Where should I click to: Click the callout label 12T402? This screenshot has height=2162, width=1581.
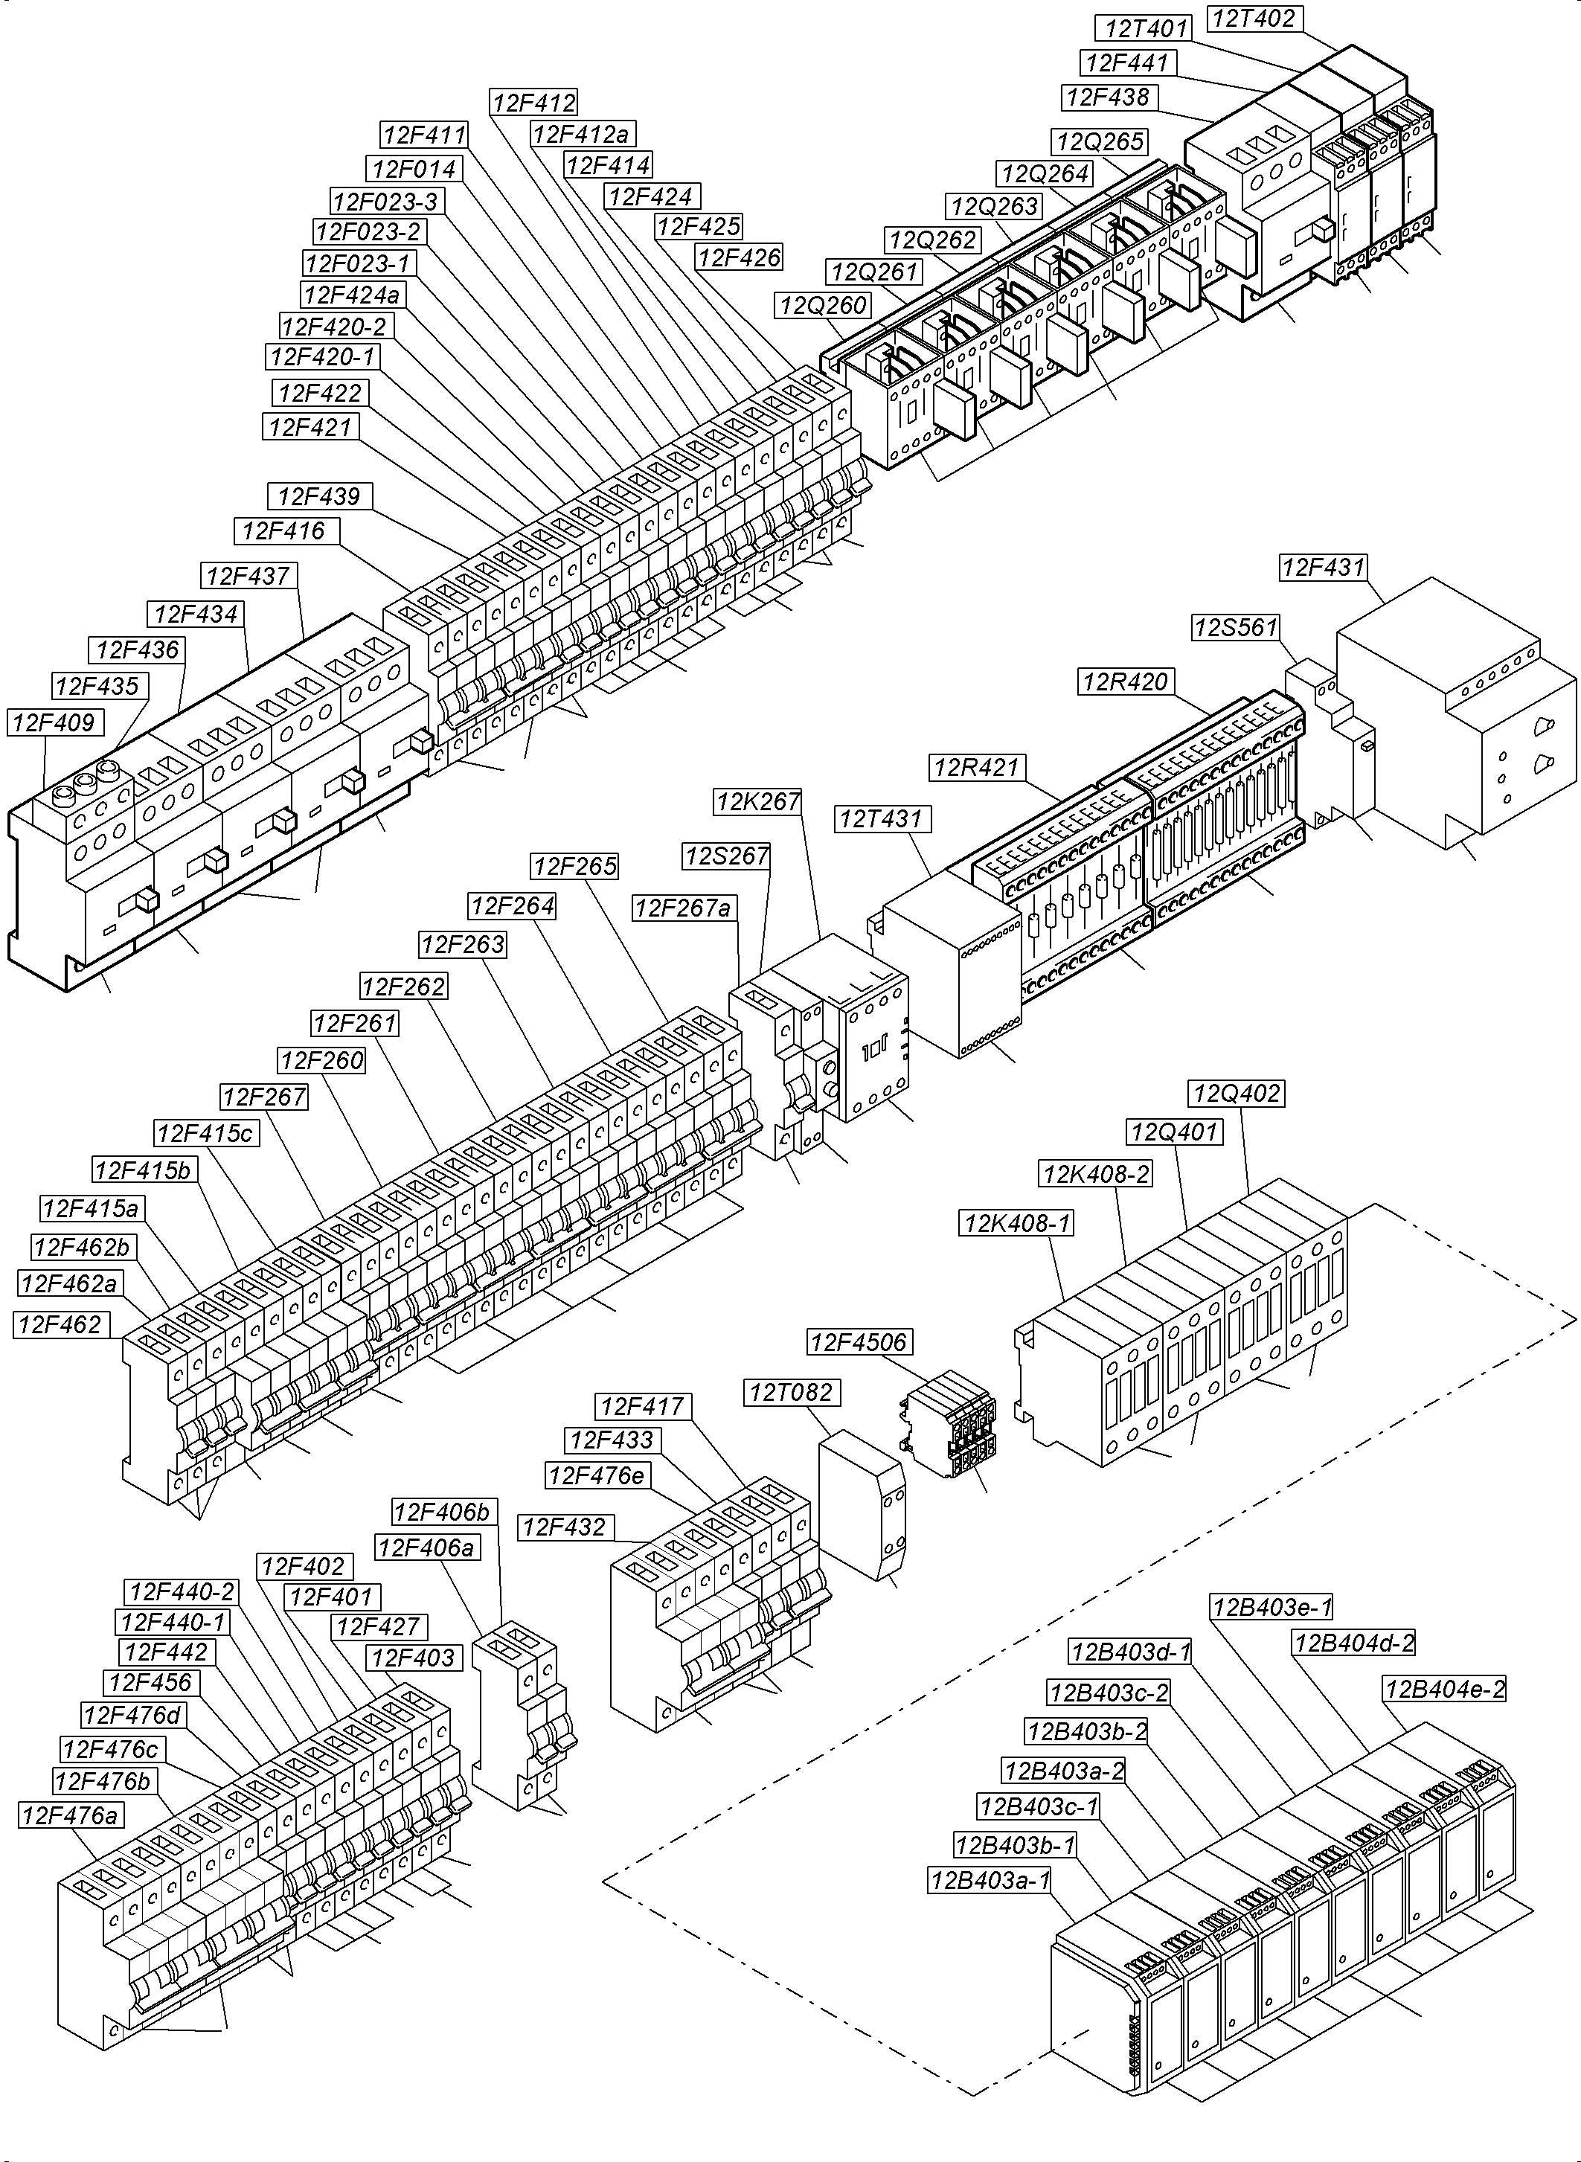(x=1254, y=18)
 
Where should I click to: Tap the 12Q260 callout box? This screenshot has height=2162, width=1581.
(x=823, y=305)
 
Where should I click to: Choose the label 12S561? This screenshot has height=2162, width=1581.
(x=1236, y=628)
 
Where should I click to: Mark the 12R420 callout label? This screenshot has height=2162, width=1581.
(x=1126, y=681)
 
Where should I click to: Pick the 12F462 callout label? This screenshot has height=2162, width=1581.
(x=60, y=1324)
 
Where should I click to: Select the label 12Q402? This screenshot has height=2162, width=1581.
(x=1237, y=1093)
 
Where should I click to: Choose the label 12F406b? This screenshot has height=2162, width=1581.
(x=442, y=1513)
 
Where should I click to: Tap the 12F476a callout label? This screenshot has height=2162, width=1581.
(x=71, y=1815)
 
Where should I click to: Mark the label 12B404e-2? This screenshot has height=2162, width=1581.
(x=1444, y=1690)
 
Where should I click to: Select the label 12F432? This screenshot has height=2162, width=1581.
(x=564, y=1527)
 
